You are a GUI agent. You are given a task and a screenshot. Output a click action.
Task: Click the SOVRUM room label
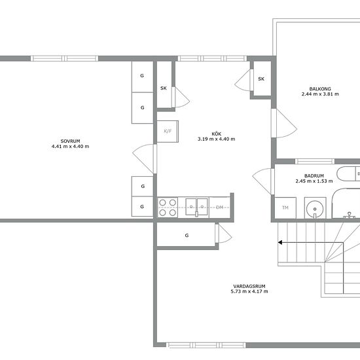tap(70, 141)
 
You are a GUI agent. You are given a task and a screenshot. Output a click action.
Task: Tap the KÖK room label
tap(216, 134)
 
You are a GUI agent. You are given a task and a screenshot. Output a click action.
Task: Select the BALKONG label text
tap(320, 89)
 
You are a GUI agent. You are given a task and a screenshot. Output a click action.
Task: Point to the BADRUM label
tap(314, 176)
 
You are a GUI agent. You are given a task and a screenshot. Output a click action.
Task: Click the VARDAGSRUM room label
tap(249, 286)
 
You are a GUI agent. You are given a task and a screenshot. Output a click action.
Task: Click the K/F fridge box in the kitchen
tap(168, 132)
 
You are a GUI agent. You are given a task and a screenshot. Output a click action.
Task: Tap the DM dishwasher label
tap(219, 207)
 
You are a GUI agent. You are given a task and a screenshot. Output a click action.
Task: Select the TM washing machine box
tap(285, 207)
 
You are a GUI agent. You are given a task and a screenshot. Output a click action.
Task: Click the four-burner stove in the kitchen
tap(168, 207)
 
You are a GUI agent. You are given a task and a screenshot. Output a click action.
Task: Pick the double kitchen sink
tap(196, 207)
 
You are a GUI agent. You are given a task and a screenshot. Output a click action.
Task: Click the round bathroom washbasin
tap(315, 209)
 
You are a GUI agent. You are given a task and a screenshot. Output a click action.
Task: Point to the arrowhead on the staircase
tap(280, 242)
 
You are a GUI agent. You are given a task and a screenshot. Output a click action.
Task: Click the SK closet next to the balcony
tap(261, 79)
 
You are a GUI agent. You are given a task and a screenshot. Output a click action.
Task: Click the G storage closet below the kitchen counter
tap(186, 235)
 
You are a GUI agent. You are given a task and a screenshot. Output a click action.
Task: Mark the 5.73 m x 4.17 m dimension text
tap(249, 291)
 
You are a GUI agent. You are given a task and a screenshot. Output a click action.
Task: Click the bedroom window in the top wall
tap(65, 58)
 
